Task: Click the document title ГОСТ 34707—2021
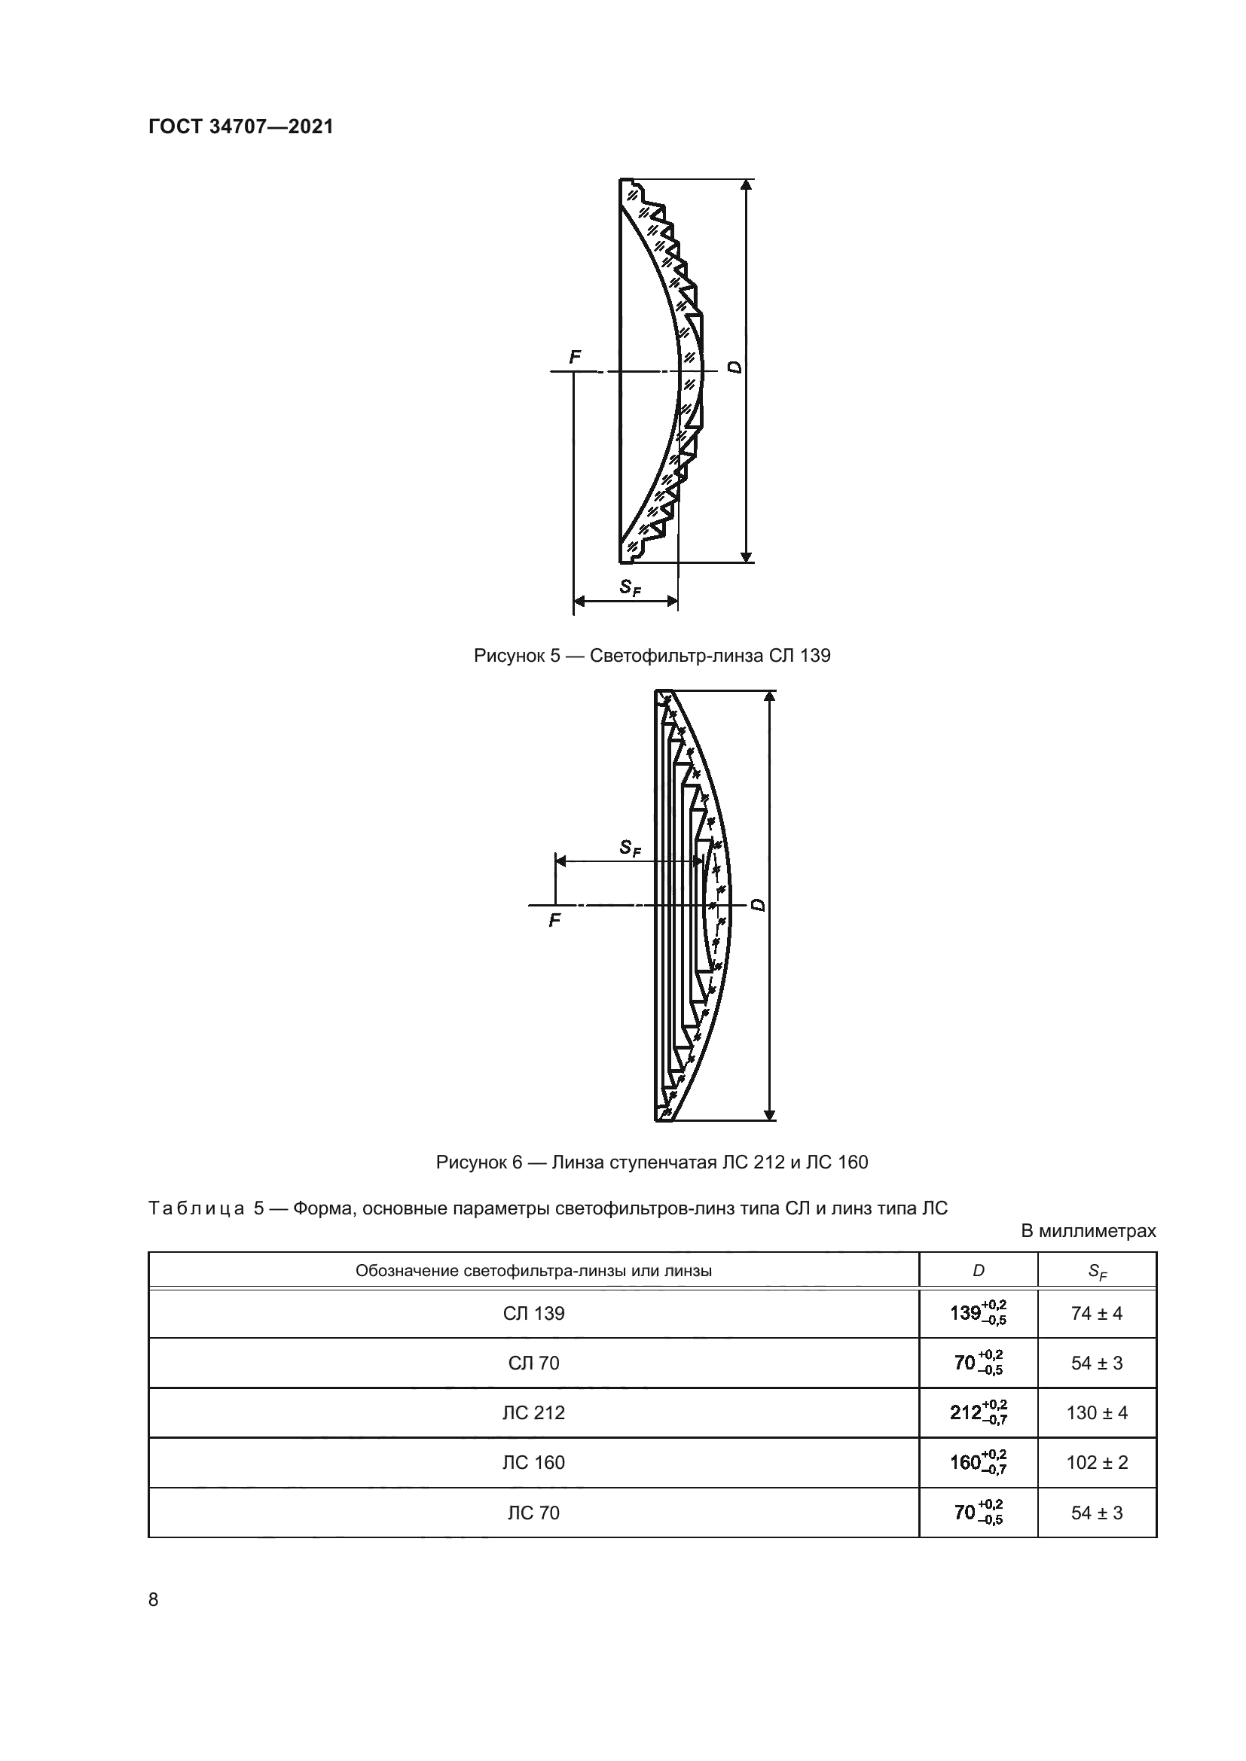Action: [241, 126]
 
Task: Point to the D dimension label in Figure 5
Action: [736, 367]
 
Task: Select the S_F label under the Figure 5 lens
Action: [631, 587]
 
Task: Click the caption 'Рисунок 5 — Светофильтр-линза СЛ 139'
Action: [652, 656]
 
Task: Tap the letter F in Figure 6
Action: [554, 920]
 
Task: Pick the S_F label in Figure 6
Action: [630, 848]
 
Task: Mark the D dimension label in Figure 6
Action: [759, 906]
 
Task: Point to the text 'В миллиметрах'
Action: [1088, 1231]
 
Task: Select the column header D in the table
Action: [979, 1271]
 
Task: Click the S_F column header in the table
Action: [1097, 1272]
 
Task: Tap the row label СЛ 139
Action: [533, 1314]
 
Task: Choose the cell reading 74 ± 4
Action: [1096, 1314]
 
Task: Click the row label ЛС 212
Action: [533, 1412]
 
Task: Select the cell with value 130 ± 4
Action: [1097, 1412]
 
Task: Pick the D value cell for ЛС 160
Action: [979, 1462]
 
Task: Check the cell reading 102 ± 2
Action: [1097, 1463]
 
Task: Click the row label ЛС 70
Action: [533, 1513]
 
